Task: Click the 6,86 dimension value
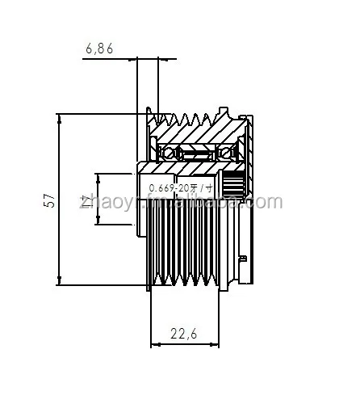coord(98,49)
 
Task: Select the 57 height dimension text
coord(50,200)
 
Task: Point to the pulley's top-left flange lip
coord(149,113)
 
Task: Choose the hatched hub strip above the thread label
coord(182,167)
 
